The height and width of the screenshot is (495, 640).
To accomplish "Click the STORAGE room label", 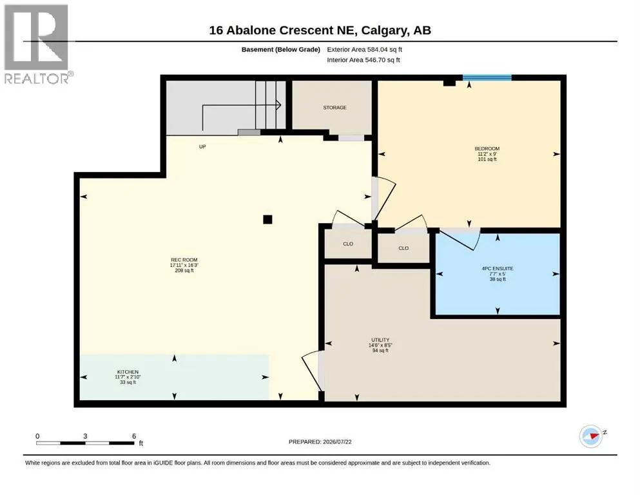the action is point(335,108).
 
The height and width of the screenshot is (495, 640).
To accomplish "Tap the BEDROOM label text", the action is point(487,148).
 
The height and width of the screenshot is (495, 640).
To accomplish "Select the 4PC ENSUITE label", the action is point(498,269).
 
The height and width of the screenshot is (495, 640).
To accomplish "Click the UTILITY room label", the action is point(380,340).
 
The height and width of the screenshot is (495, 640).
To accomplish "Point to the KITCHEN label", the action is point(128,372).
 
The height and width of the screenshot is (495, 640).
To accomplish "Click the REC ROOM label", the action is point(184,260).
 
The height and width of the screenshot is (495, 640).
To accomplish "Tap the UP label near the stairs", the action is point(202,146).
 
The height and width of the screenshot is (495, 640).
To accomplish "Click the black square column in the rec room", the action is point(267,220).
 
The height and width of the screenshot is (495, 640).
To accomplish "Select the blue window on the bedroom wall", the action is point(487,77).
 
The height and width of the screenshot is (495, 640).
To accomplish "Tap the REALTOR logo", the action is point(37,44).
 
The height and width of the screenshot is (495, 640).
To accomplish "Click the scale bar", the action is point(85,443).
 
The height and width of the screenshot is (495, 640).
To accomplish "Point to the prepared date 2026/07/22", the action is point(337,442).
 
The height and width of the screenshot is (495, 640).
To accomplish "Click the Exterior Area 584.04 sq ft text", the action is point(365,50).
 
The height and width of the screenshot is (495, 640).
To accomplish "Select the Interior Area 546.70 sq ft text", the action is point(364,60).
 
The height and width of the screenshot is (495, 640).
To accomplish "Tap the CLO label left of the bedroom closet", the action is point(348,244).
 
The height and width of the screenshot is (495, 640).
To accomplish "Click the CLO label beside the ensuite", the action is point(403,248).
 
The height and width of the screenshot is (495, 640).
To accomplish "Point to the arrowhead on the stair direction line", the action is point(279,105).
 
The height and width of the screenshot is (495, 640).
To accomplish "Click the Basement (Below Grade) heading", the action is point(281,50).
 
